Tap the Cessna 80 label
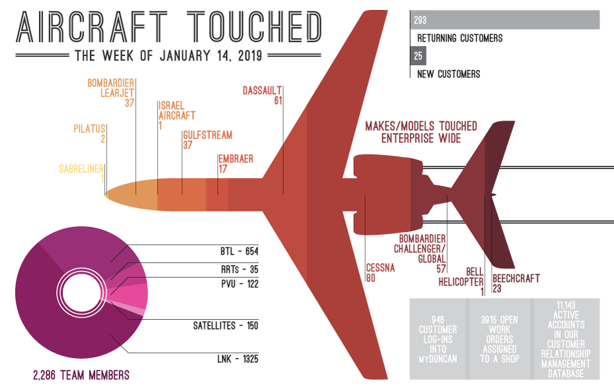[x=380, y=272]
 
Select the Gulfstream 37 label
[x=207, y=140]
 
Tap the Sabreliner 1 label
[x=81, y=173]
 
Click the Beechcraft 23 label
[x=516, y=284]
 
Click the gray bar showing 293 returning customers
[x=504, y=20]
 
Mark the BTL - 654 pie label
[x=238, y=252]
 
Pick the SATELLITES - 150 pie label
[x=225, y=326]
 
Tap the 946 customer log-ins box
[x=437, y=338]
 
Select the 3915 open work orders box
[x=499, y=338]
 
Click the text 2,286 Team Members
[x=81, y=375]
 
